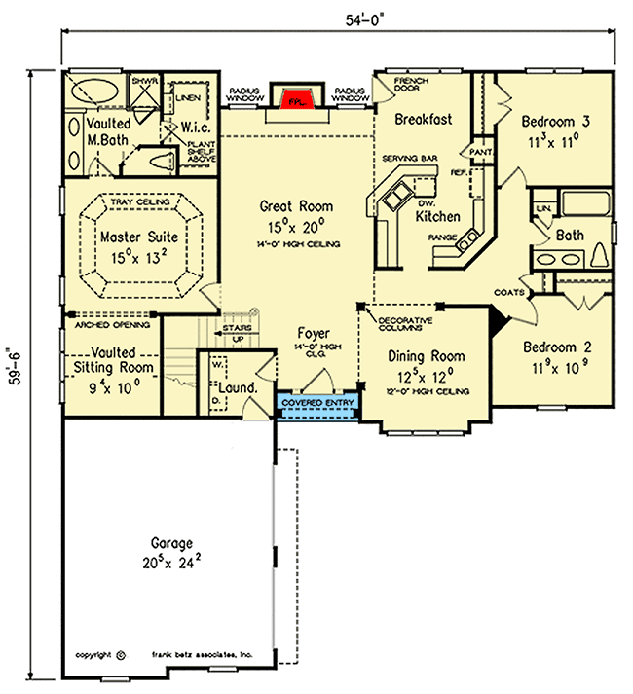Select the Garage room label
tap(171, 542)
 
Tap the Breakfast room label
tap(424, 120)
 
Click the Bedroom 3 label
tap(556, 123)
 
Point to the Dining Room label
tap(422, 356)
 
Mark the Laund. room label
tap(240, 387)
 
